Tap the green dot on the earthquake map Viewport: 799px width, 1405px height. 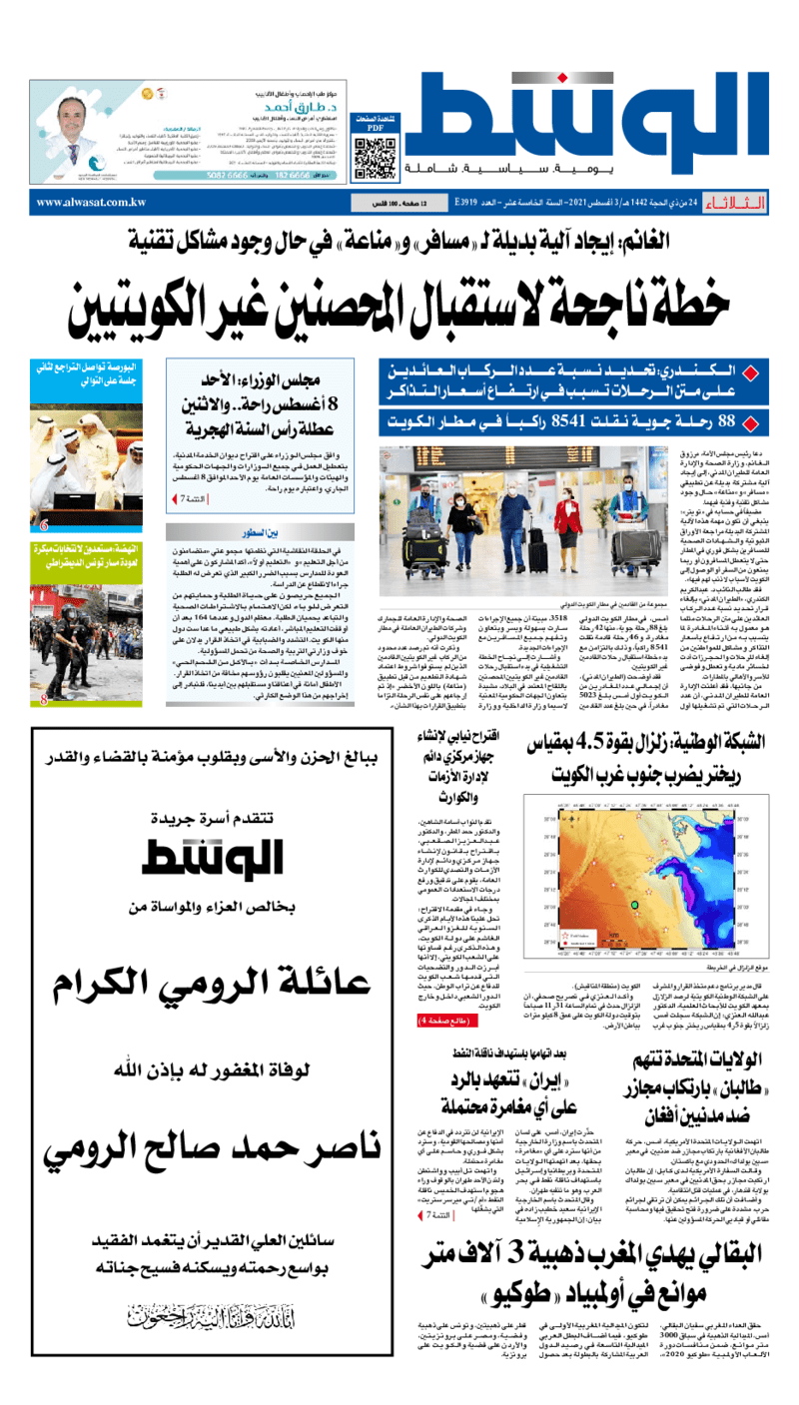[x=633, y=905]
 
